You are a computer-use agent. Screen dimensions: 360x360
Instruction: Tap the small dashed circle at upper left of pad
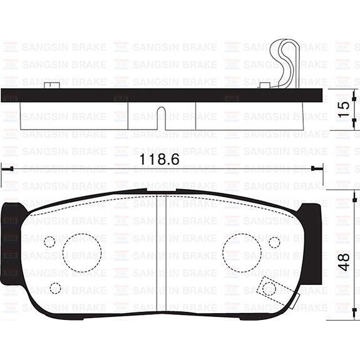point(50,242)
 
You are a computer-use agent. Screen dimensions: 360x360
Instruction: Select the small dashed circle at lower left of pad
point(55,288)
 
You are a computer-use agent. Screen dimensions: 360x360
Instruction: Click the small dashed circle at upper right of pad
point(274,242)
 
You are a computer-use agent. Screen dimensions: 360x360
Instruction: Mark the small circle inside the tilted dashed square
point(269,288)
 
